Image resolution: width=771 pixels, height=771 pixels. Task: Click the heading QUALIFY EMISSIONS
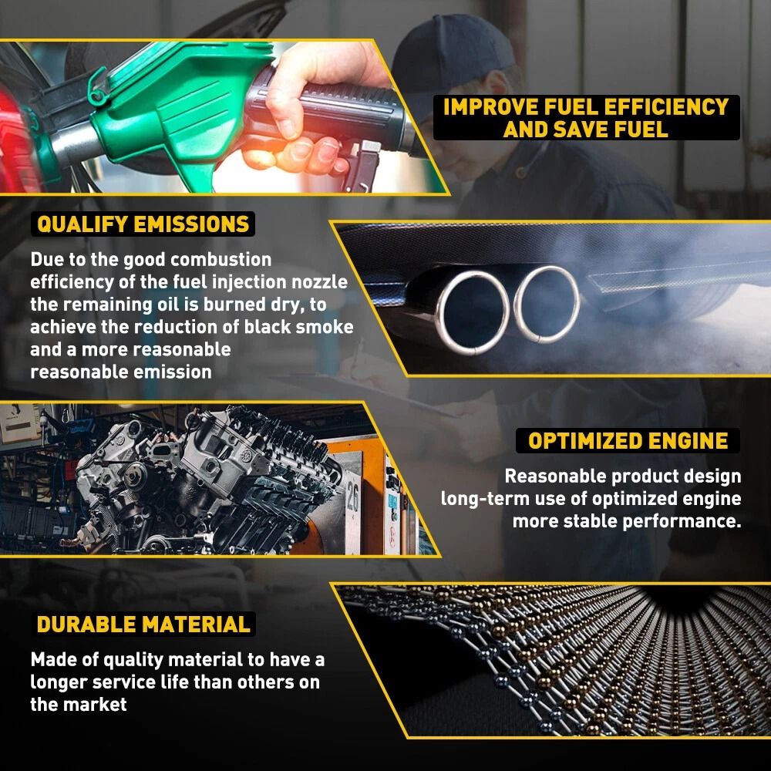[x=143, y=224]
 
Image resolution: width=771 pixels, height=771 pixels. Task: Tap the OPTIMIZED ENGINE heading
[x=628, y=441]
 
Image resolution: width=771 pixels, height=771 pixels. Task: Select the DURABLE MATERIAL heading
[x=143, y=624]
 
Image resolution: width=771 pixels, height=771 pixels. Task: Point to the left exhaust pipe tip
[x=472, y=308]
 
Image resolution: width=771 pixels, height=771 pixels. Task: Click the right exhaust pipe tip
[x=547, y=303]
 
